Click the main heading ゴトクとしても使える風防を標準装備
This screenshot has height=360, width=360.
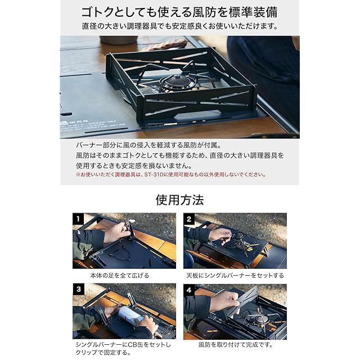point(179,12)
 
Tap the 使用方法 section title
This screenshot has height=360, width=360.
point(179,200)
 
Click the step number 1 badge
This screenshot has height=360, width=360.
point(78,219)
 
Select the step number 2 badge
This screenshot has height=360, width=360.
point(189,219)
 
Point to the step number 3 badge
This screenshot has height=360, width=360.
point(78,289)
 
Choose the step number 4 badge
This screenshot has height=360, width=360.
point(189,290)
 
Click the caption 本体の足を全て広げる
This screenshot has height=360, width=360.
point(120,275)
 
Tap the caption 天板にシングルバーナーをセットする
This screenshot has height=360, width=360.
point(235,275)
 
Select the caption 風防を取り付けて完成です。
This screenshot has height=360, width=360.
point(236,345)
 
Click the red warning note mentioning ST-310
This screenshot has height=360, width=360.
point(171,174)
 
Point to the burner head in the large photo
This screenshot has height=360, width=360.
point(177,82)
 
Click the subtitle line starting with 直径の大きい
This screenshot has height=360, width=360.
point(180,26)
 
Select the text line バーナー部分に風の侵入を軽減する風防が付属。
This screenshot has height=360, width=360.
point(148,145)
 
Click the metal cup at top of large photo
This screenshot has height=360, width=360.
point(118,40)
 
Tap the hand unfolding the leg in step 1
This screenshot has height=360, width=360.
point(117,232)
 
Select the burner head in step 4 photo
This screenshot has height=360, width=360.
point(261,319)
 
